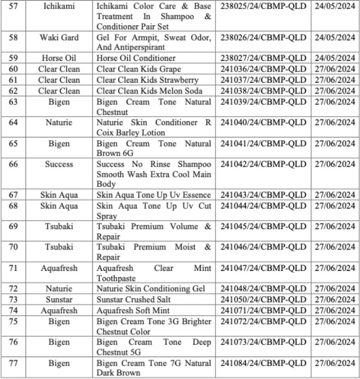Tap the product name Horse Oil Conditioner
[136, 58]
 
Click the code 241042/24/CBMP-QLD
[263, 164]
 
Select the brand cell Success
[58, 164]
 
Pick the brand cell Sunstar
[58, 300]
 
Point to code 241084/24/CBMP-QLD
[263, 363]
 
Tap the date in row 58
[335, 38]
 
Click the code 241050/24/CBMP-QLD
[263, 300]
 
